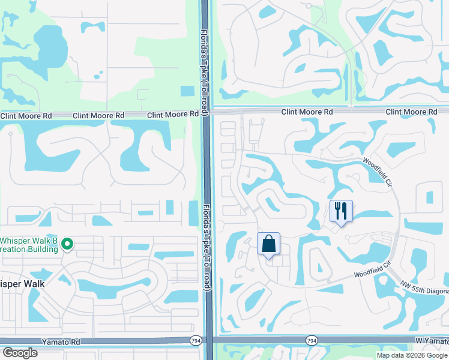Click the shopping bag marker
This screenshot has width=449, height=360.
point(269,244)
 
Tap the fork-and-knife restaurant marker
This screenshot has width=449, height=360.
point(340,211)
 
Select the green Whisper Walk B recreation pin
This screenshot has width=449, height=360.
point(67,244)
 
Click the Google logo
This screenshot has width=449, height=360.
point(20,353)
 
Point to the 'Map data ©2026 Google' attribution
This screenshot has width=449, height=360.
point(411,355)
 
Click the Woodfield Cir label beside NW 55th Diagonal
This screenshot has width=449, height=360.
point(372,267)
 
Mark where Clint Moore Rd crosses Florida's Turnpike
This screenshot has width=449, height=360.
point(206,113)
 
